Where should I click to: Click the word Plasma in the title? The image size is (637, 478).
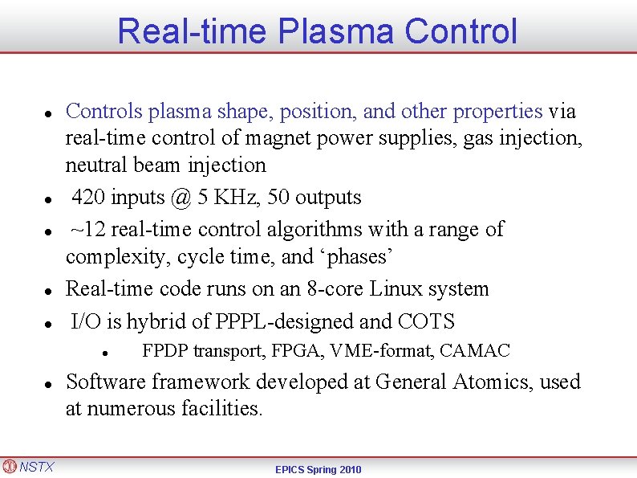[x=335, y=31]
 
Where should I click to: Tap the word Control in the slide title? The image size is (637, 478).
[x=461, y=31]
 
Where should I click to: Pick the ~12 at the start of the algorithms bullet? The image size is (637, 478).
[x=88, y=230]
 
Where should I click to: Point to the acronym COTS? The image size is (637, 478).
[x=426, y=322]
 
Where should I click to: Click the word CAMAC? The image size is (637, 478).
[x=475, y=351]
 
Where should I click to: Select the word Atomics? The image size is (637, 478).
[x=492, y=382]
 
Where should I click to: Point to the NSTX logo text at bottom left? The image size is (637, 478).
[x=36, y=466]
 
